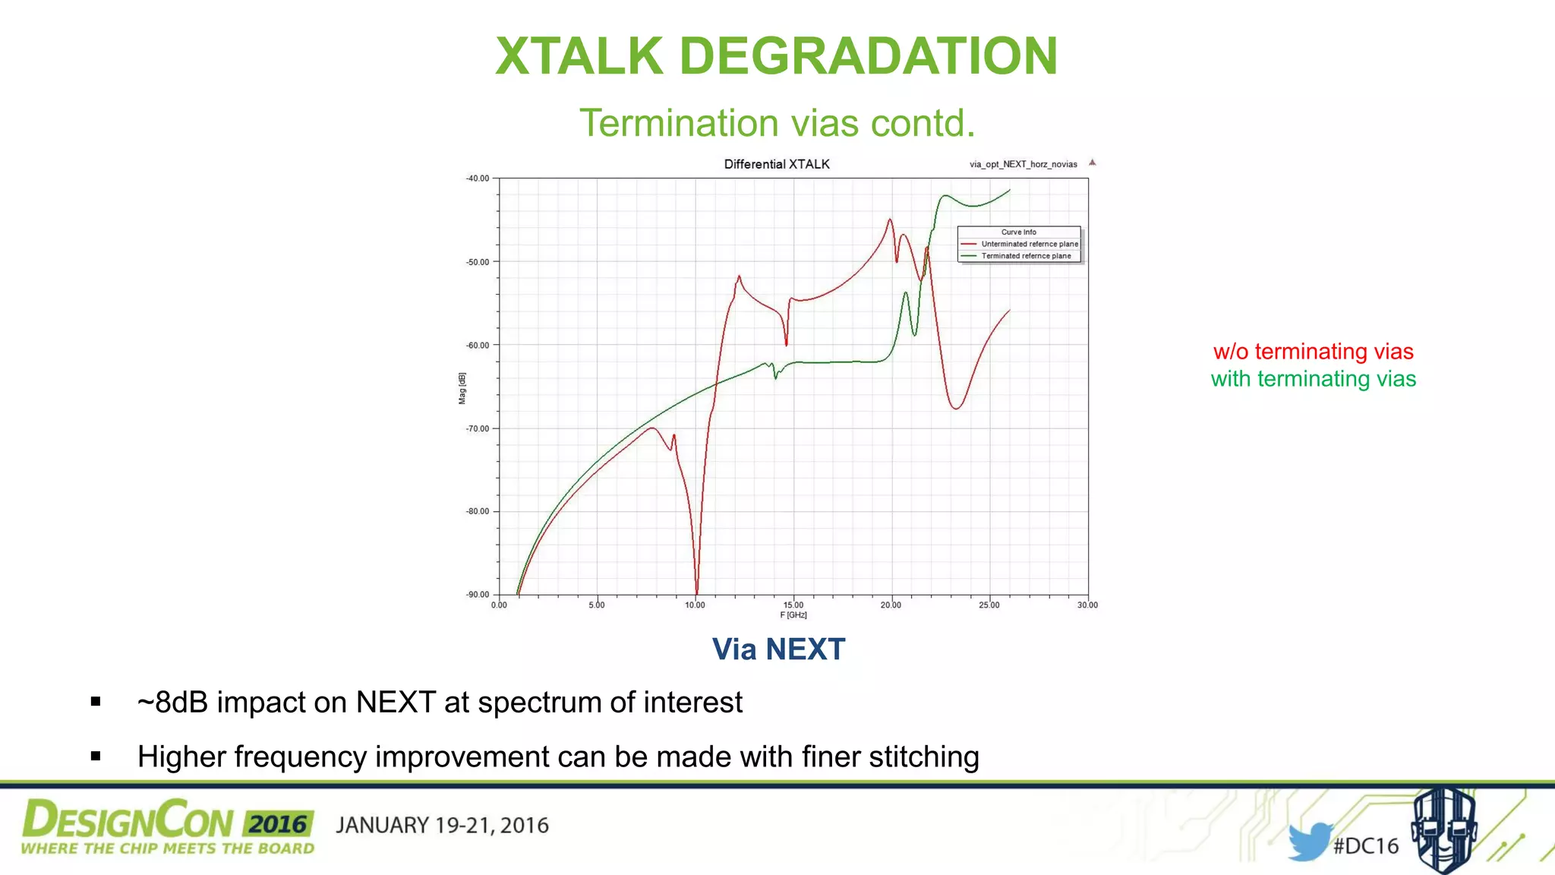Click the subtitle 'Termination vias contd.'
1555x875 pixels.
777,123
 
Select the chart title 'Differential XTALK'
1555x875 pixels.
776,164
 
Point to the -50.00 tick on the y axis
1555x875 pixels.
478,262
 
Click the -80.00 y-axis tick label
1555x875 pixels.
478,511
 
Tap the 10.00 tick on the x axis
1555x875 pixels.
695,605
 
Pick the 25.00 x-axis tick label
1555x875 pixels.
989,605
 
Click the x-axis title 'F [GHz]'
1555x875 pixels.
793,615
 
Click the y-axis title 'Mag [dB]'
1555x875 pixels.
462,388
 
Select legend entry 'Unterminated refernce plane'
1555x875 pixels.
1029,244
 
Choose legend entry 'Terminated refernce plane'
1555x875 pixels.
1026,256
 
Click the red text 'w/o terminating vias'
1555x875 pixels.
1313,352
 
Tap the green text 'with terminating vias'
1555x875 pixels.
1313,379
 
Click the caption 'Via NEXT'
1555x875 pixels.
778,649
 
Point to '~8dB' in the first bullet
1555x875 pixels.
172,703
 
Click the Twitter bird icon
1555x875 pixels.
1309,842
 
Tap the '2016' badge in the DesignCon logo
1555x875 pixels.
278,824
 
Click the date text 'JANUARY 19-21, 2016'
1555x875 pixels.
442,826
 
